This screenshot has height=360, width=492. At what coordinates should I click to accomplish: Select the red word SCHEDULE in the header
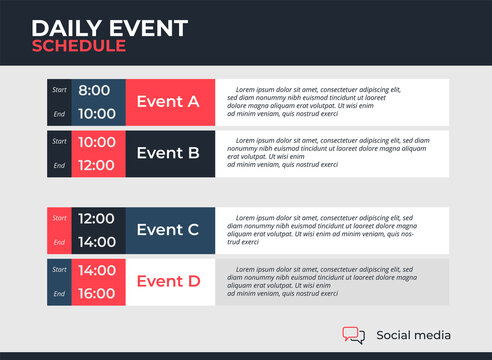[x=78, y=45]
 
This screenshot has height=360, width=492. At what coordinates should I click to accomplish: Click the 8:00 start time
[x=96, y=90]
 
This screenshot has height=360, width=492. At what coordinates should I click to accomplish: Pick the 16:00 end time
[x=98, y=294]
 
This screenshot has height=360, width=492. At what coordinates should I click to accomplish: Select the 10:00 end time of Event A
[x=98, y=114]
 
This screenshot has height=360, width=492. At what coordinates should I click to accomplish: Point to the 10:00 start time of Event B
[x=98, y=142]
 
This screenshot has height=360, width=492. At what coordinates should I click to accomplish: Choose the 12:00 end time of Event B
[x=98, y=165]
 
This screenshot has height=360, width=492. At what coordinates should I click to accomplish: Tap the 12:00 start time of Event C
[x=98, y=218]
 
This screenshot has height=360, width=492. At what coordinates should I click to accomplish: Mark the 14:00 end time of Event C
[x=98, y=242]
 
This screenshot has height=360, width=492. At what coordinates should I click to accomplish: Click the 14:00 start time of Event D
[x=98, y=270]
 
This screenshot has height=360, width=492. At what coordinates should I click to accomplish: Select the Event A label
[x=167, y=101]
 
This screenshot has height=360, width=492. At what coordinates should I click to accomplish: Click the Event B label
[x=167, y=153]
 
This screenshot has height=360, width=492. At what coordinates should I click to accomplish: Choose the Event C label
[x=167, y=230]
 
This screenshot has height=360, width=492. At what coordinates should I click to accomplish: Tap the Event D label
[x=167, y=281]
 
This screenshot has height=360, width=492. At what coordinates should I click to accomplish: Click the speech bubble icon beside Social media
[x=353, y=335]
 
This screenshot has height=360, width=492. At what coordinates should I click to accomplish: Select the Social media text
[x=413, y=336]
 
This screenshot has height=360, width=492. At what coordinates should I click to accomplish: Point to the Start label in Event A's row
[x=60, y=90]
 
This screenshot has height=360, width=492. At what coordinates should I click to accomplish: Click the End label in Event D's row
[x=60, y=294]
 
